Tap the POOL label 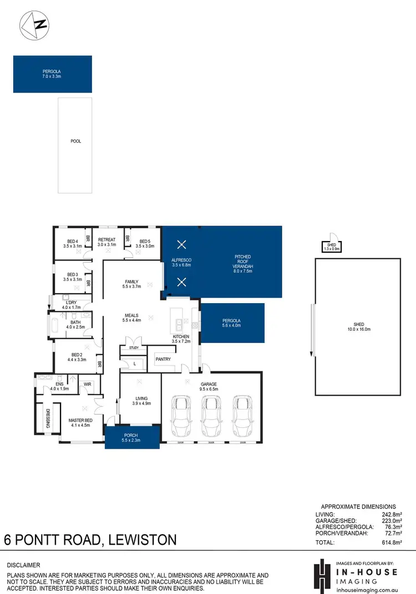[x=75, y=141]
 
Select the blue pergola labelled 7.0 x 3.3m [x=53, y=74]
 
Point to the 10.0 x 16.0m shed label [x=357, y=327]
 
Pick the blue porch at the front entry [x=133, y=437]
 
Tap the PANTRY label [x=163, y=359]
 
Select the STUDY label [x=134, y=348]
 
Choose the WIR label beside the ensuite [x=88, y=383]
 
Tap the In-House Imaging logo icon [x=321, y=576]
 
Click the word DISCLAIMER [x=23, y=565]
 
